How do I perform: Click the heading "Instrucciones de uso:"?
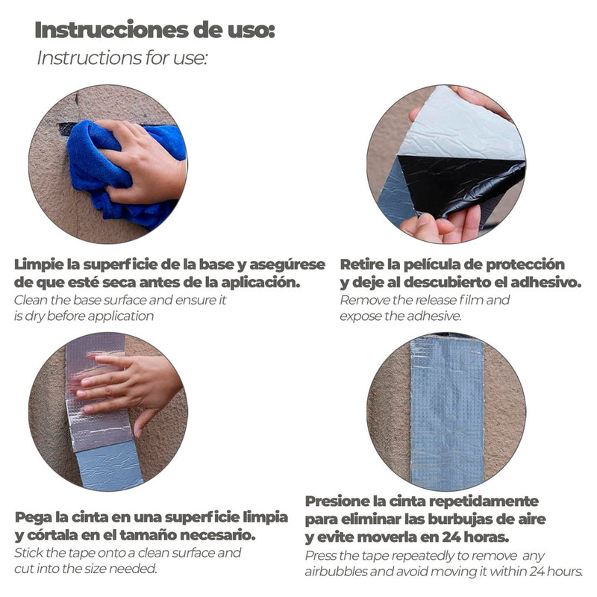point(154,30)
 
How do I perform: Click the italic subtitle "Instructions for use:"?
point(122,58)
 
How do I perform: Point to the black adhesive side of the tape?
point(460,183)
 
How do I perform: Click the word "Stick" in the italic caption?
point(26,553)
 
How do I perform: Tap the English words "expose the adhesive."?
point(401,316)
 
